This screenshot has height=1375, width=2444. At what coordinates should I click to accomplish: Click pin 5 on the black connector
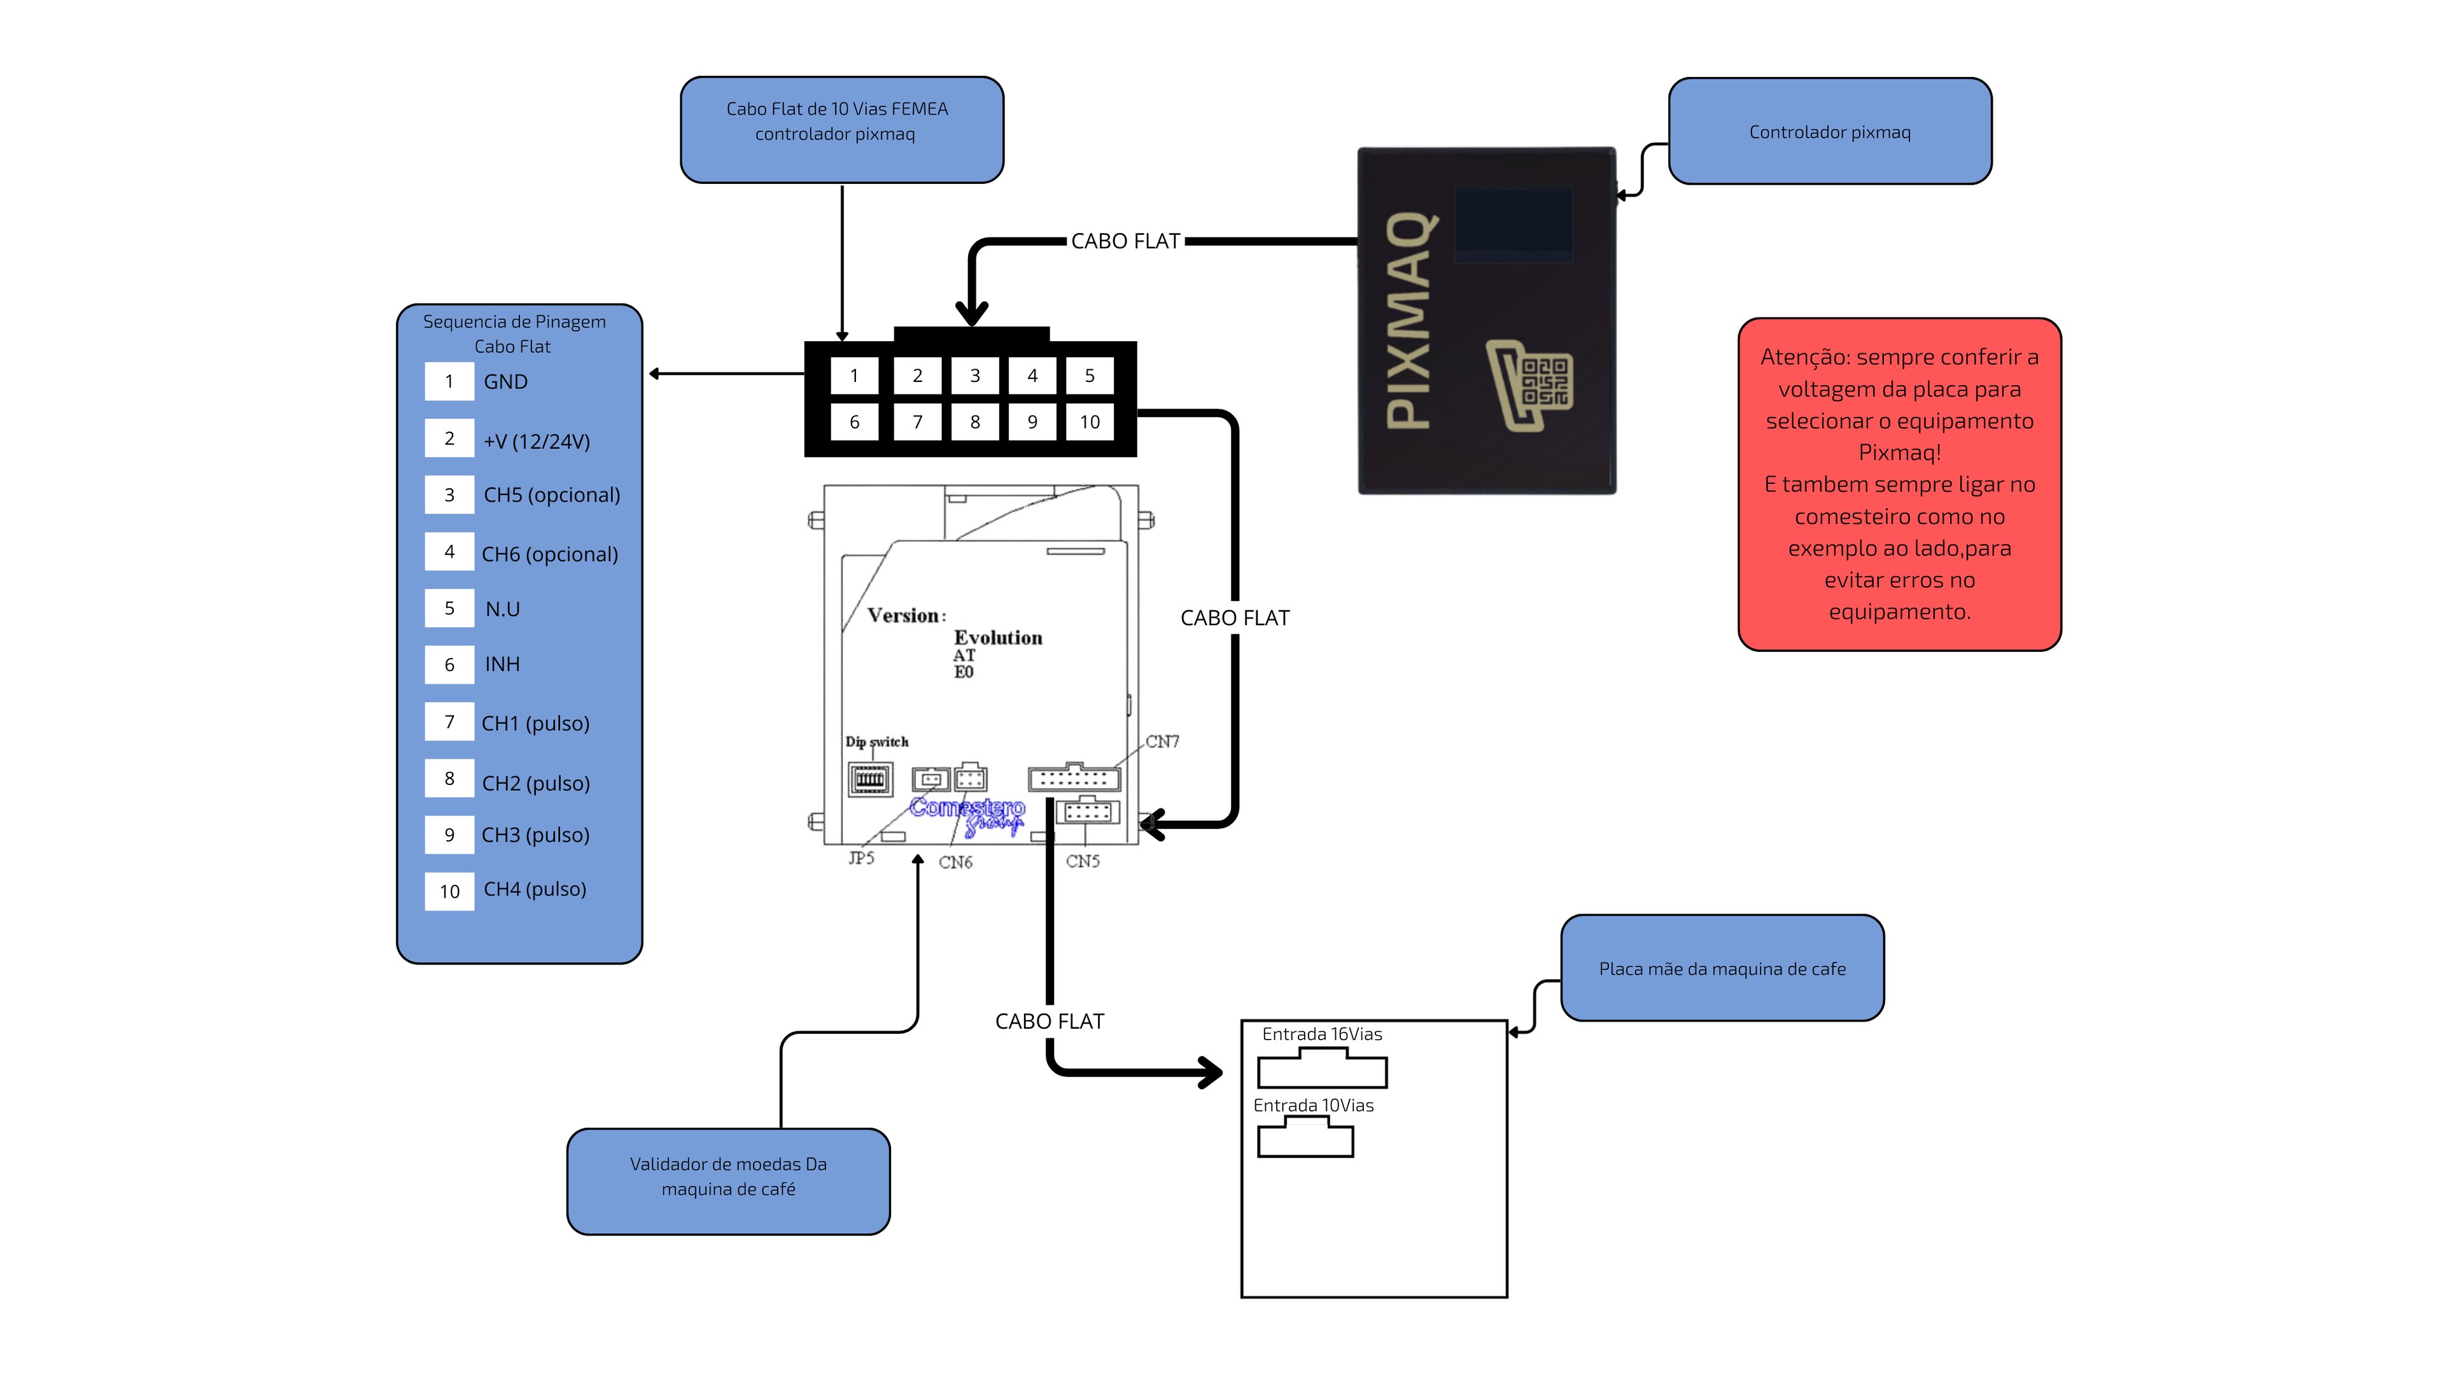coord(1089,376)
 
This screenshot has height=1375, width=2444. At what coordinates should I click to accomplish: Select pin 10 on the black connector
coord(1089,422)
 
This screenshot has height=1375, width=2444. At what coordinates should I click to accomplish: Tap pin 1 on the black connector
coord(854,376)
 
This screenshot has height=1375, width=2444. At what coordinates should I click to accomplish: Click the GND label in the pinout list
coord(506,381)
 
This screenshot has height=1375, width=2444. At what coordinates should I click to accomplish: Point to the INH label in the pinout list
coord(502,664)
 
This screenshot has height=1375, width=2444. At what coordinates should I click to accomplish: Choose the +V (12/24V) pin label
coord(537,441)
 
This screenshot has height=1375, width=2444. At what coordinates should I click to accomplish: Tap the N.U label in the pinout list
coord(502,609)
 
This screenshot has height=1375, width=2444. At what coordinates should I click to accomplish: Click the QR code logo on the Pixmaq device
coord(1529,384)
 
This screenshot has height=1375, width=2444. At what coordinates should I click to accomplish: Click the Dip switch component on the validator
coord(869,780)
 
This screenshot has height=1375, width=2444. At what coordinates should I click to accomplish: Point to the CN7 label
coord(1162,741)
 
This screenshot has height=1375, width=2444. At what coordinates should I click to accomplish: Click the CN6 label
coord(955,863)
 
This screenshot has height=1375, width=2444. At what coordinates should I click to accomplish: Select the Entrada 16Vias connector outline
coord(1323,1069)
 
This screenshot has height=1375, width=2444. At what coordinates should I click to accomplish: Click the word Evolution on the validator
coord(998,638)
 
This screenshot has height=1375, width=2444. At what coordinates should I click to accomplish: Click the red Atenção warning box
coord(1899,484)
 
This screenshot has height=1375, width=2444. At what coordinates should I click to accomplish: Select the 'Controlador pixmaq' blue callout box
coord(1829,132)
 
